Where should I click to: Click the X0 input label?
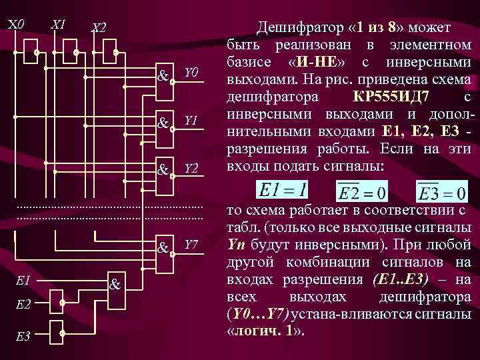click(16, 25)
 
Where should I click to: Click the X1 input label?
click(58, 25)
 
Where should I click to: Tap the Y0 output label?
click(191, 72)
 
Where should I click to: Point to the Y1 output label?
click(191, 121)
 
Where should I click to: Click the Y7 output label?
click(191, 245)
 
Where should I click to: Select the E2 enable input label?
click(22, 304)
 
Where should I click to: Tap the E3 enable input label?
click(22, 337)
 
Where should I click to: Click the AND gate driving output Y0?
click(163, 77)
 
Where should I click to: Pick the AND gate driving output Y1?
click(163, 124)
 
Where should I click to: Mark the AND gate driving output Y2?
click(163, 171)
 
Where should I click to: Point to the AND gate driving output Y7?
click(163, 249)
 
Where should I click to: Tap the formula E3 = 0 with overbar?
click(441, 191)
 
